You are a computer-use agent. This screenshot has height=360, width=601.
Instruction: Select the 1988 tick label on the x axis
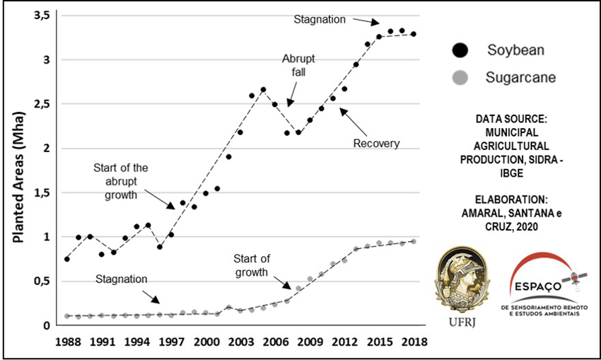pos(66,341)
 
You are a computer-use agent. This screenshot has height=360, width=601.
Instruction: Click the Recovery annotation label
pos(377,143)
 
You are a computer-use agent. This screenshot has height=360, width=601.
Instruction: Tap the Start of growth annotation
pos(251,264)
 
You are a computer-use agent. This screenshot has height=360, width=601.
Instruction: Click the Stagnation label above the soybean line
pos(320,20)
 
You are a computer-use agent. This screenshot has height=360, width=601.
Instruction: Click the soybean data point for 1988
pos(66,259)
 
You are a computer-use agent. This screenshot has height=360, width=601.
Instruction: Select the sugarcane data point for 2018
pos(413,241)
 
